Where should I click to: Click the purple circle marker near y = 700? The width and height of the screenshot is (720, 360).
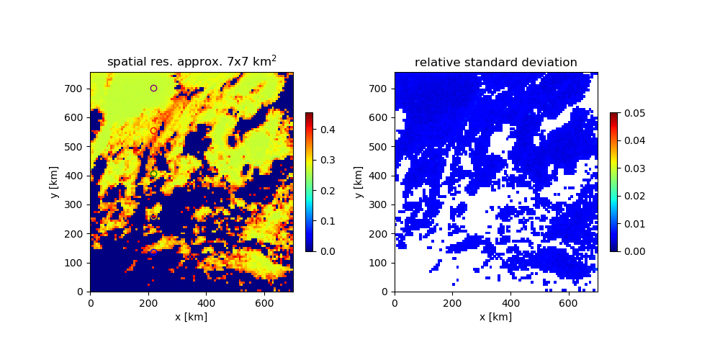coord(153,88)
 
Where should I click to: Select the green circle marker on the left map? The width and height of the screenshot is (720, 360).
coord(153,174)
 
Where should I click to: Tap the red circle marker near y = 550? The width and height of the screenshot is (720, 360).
coord(153,130)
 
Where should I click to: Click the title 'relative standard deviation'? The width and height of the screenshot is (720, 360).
coord(495,63)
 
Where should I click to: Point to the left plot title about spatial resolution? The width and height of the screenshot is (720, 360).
coord(192,62)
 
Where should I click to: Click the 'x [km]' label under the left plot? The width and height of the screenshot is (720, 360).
coord(191,317)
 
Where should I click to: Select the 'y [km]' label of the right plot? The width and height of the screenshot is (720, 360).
coord(358,182)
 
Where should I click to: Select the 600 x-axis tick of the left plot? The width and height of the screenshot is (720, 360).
coord(264,303)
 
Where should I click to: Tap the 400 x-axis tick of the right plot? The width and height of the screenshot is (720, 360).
coord(510,303)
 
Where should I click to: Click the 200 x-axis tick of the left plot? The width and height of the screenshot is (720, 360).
coord(148,303)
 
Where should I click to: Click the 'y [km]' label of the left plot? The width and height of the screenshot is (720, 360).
coord(54,182)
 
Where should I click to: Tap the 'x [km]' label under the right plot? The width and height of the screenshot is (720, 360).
coord(495,317)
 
